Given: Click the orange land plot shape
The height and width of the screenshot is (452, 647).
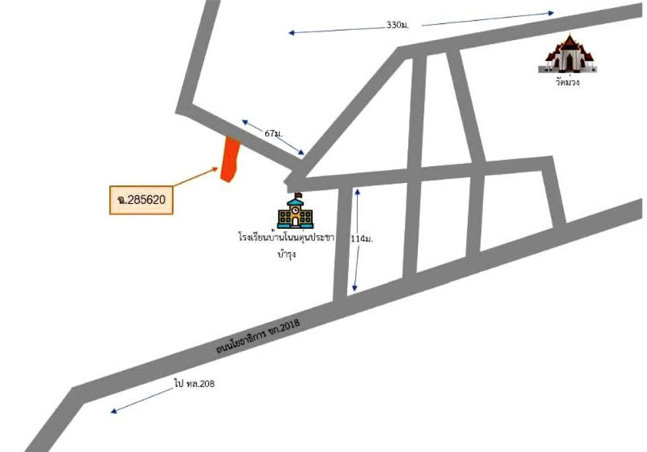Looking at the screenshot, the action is pos(230,159).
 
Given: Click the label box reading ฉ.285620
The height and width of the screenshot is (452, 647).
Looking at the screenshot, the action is pos(141,200).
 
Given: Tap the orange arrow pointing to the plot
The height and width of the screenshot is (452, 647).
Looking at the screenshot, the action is pos(195,176).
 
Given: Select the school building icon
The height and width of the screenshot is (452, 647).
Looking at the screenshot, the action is pos(295,211).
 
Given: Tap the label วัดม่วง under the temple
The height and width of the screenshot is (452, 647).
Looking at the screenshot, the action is pos(568,82).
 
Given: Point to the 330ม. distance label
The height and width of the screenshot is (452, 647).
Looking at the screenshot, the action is pos(398,25).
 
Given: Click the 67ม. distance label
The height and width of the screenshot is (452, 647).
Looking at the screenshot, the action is pos(274,133).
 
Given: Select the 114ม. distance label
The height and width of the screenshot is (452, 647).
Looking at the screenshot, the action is pos(362,238).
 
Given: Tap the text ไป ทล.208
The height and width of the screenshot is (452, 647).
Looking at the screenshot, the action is pos(194,384).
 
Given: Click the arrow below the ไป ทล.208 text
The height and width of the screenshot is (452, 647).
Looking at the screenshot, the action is pos(142,400).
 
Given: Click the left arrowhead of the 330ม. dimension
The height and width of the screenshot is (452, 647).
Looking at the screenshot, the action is pos(291,33).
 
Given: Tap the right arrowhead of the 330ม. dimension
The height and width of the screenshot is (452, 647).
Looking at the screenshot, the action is pos(551,13).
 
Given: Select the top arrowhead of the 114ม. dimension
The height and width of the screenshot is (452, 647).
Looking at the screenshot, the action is pos(357,192).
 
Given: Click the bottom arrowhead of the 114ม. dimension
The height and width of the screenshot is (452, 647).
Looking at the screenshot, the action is pos(355,288).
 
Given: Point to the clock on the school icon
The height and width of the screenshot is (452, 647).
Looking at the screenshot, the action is pos(295,210).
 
